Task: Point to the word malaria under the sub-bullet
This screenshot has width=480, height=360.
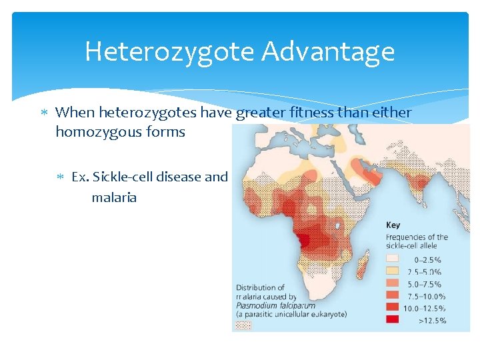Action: [x=114, y=197]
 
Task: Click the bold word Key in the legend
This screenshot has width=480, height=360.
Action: [x=393, y=225]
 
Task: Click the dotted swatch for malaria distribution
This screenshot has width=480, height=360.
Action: [x=244, y=325]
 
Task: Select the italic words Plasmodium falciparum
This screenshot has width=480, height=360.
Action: [x=266, y=305]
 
